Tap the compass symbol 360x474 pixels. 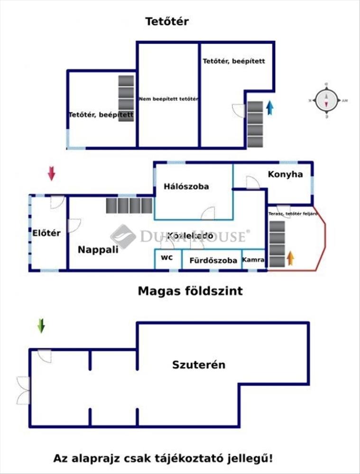(326, 100)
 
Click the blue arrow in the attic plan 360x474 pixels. (270, 108)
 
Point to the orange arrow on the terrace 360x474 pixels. (290, 258)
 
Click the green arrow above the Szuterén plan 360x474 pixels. (41, 326)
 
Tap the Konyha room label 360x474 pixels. (285, 174)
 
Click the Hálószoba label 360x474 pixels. (186, 186)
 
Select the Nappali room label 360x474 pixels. (98, 249)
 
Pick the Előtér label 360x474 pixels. (46, 233)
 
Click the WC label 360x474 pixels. (166, 258)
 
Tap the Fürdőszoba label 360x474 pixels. (213, 260)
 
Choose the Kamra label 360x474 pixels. (253, 260)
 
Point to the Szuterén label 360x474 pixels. (198, 365)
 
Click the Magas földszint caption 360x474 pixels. (190, 291)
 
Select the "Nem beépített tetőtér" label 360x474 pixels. (168, 99)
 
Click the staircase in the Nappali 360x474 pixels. (129, 205)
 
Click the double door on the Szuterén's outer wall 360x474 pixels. (23, 390)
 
